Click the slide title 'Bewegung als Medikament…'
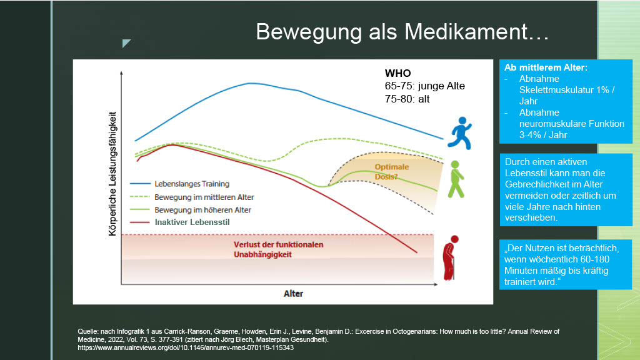(402, 32)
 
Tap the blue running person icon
(460, 133)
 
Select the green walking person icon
(456, 179)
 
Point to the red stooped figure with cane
(451, 258)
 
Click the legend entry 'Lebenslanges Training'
(192, 184)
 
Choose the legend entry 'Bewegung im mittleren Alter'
(204, 197)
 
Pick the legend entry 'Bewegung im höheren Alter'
(202, 210)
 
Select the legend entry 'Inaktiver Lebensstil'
(192, 222)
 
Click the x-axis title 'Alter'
(294, 294)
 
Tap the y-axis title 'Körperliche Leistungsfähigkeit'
(112, 174)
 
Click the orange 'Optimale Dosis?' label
(391, 172)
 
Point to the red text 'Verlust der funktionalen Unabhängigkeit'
(278, 249)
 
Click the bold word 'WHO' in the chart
(397, 74)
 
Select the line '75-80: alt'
(407, 99)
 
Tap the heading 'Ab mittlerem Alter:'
(546, 67)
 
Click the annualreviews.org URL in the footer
(186, 347)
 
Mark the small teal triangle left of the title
(126, 43)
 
